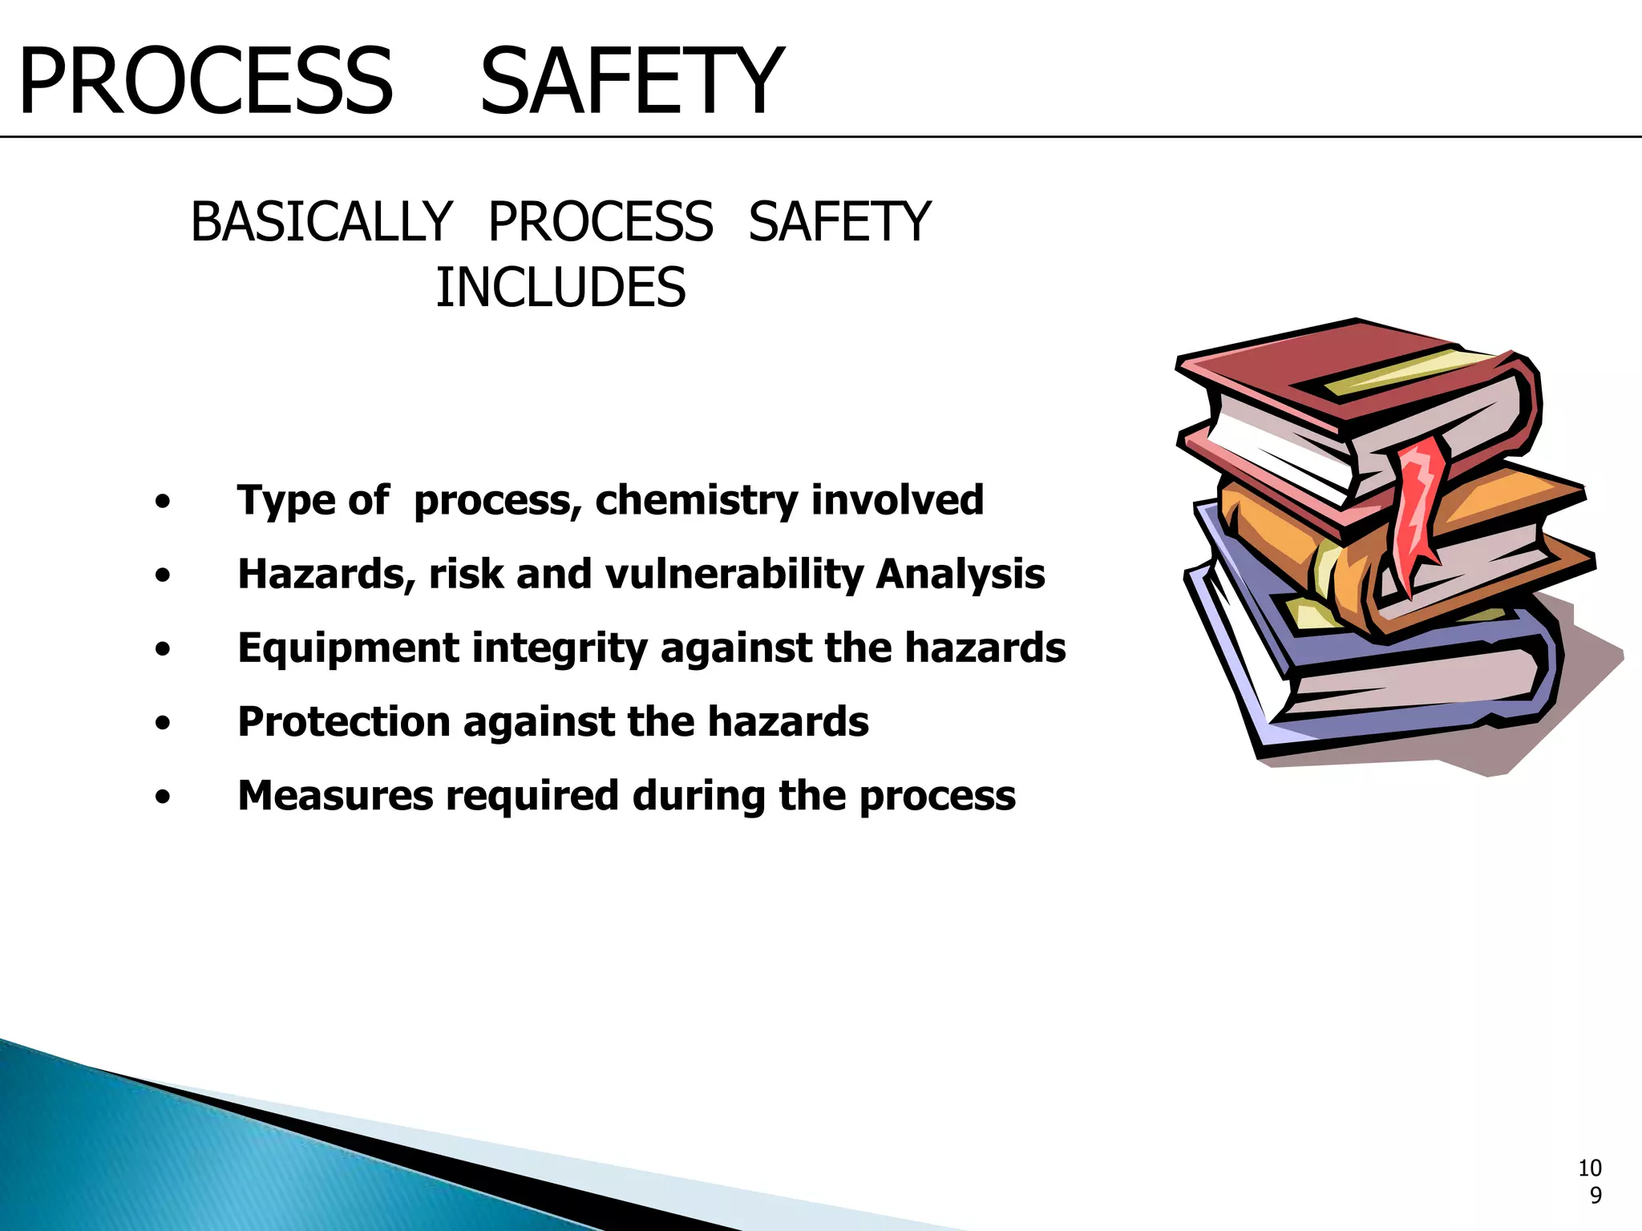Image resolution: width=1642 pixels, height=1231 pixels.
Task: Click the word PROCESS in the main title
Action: tap(206, 82)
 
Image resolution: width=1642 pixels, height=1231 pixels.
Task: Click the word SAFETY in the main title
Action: tap(631, 82)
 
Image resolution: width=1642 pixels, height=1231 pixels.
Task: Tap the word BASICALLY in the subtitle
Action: tap(322, 222)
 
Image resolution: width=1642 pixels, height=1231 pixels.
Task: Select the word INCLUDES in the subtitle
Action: tap(560, 288)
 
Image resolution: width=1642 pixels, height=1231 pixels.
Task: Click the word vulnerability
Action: tap(734, 574)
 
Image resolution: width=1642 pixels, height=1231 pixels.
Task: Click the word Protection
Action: tap(343, 722)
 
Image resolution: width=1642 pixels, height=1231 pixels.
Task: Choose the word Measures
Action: tap(335, 796)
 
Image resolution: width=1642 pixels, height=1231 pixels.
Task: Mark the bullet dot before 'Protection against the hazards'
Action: tap(164, 724)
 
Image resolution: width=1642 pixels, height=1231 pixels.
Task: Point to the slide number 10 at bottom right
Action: tap(1590, 1168)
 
